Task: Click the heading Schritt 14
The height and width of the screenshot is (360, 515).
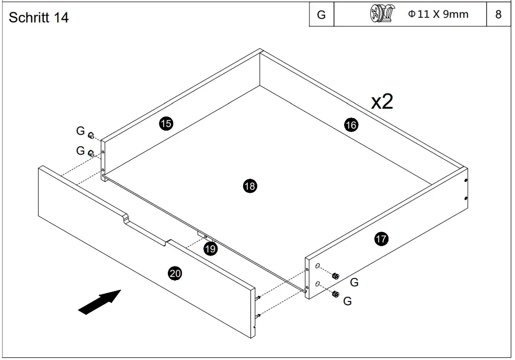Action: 39,17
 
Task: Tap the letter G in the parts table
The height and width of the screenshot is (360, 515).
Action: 322,15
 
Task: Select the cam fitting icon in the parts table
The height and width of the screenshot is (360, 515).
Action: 381,14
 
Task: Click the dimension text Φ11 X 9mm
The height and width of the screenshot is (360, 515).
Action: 438,14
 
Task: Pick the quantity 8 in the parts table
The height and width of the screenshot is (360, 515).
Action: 498,15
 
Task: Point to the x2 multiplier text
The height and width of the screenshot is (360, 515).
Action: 382,101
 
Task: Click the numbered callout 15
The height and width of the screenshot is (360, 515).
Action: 166,124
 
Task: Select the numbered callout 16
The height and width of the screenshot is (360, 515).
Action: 351,125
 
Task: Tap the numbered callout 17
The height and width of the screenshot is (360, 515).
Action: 381,239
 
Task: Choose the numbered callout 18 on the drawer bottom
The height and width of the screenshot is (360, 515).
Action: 250,185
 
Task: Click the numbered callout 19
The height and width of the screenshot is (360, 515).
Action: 210,249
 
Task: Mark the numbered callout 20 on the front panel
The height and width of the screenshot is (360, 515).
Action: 175,273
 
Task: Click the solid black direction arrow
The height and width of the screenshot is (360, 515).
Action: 99,303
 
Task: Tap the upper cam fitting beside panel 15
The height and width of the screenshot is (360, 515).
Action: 90,136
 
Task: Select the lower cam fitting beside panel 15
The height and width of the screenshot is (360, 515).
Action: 91,154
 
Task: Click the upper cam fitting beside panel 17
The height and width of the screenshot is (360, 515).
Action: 336,276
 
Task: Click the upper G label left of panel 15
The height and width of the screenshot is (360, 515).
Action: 80,130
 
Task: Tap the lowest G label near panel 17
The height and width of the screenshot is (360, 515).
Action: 347,301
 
